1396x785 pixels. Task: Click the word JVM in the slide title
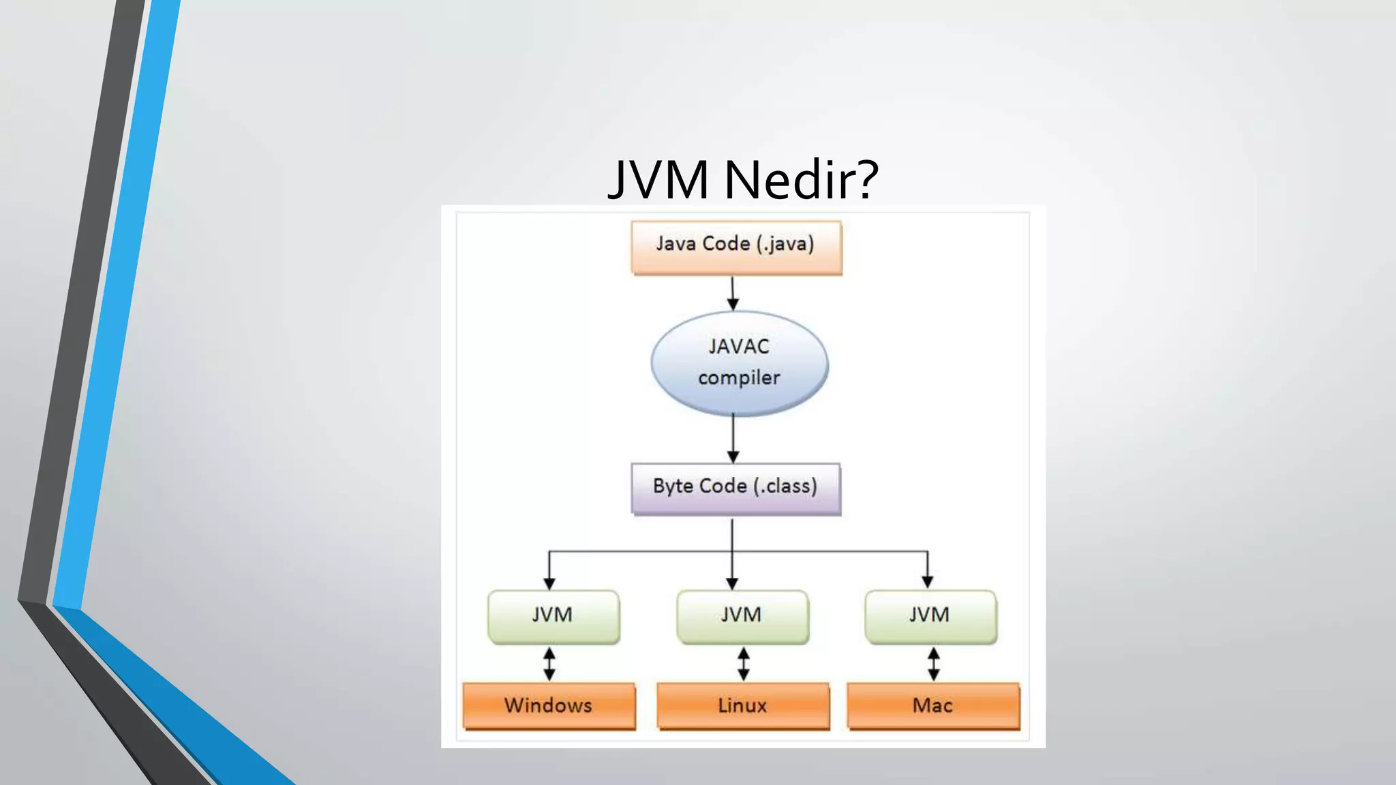tap(658, 179)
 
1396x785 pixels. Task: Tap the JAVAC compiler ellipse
tap(740, 363)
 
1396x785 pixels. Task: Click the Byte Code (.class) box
tap(735, 488)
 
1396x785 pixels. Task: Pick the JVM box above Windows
tap(553, 616)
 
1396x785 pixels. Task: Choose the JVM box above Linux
tap(742, 616)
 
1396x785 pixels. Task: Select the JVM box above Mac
tap(930, 616)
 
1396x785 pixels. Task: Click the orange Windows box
tap(549, 705)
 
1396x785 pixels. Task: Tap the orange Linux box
tap(743, 705)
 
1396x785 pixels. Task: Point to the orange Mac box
tap(933, 705)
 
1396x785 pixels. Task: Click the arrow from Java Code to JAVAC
tap(733, 293)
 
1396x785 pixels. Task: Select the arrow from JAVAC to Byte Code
tap(733, 440)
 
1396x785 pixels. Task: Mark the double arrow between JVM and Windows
tap(549, 664)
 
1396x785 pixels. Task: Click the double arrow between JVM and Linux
tap(744, 664)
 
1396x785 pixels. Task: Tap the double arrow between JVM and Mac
tap(934, 664)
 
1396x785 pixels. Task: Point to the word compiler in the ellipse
tap(739, 378)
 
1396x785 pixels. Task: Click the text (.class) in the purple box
tap(785, 487)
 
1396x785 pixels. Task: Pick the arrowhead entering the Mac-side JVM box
tap(927, 581)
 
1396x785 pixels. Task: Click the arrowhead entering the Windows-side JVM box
tap(549, 583)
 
